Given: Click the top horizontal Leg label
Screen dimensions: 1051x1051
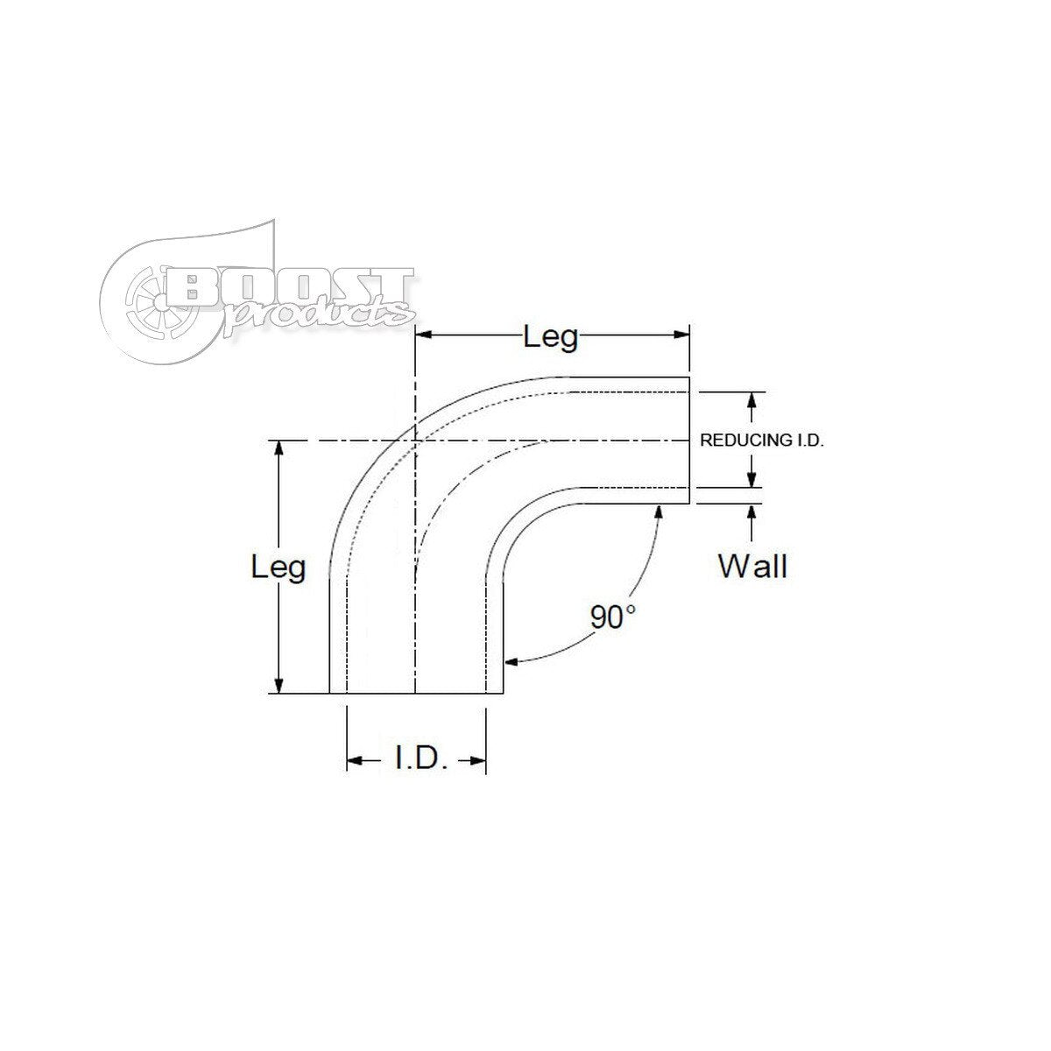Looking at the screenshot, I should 551,336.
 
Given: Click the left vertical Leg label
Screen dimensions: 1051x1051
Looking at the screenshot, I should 279,568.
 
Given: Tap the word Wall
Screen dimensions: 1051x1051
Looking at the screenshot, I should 752,567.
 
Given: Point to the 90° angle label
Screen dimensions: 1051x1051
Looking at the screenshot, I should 612,617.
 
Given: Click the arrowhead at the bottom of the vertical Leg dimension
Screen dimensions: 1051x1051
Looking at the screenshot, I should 279,688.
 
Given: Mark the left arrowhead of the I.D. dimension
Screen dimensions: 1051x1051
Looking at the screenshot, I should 354,761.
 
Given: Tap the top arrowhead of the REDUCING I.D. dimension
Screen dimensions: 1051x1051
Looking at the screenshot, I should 751,399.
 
